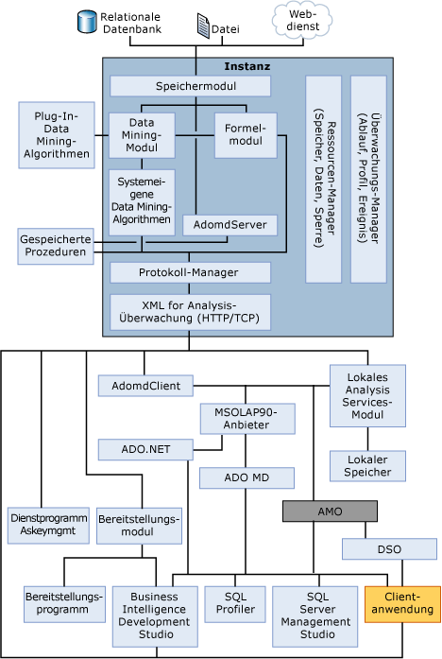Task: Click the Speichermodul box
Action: coord(190,86)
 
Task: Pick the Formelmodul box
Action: coord(245,135)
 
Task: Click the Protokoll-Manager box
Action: coord(190,273)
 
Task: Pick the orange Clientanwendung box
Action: coord(401,602)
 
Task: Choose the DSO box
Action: coord(388,548)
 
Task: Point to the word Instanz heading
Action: coord(247,66)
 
